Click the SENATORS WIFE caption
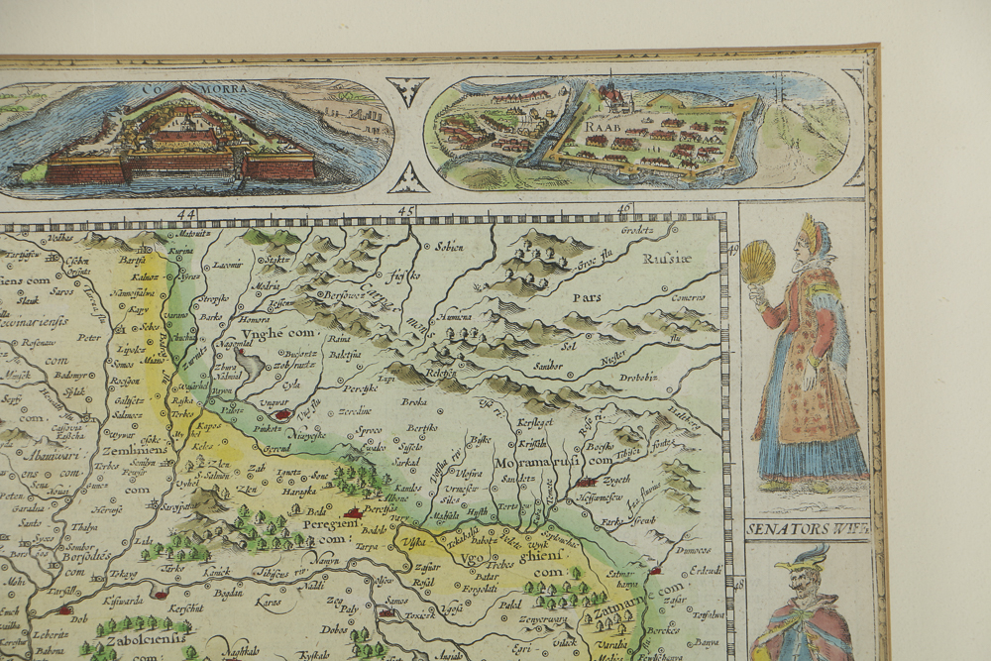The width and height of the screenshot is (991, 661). (x=807, y=528)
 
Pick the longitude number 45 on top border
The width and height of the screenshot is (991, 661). (x=405, y=211)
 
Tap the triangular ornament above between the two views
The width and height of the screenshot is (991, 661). (x=407, y=91)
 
